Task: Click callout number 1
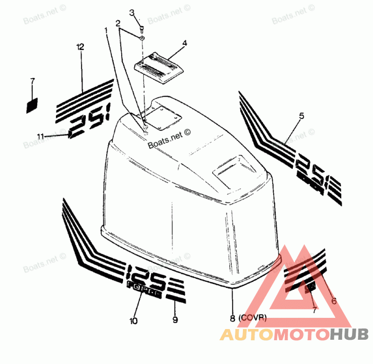pyautogui.click(x=106, y=30)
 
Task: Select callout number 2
pyautogui.click(x=118, y=23)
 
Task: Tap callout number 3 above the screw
pyautogui.click(x=132, y=12)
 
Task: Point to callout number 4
pyautogui.click(x=185, y=43)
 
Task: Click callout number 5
pyautogui.click(x=301, y=116)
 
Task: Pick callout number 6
pyautogui.click(x=333, y=301)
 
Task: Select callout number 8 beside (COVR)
pyautogui.click(x=232, y=319)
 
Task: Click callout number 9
pyautogui.click(x=175, y=320)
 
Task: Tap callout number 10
pyautogui.click(x=134, y=321)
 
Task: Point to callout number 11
pyautogui.click(x=41, y=136)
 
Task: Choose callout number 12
pyautogui.click(x=80, y=47)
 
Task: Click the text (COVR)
pyautogui.click(x=252, y=318)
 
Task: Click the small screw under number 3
pyautogui.click(x=141, y=29)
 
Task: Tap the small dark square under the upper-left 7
pyautogui.click(x=32, y=105)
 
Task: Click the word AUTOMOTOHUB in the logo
pyautogui.click(x=294, y=334)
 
